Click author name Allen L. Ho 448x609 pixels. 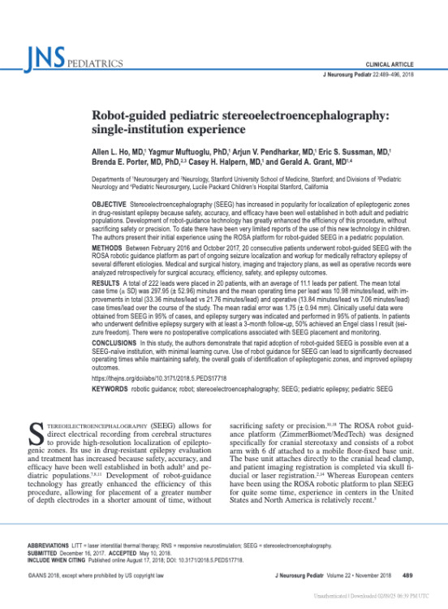[x=118, y=150]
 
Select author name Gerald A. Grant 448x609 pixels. [x=290, y=162]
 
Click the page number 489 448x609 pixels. [x=408, y=575]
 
